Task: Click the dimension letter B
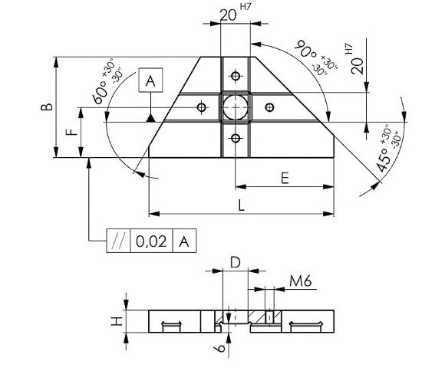pyautogui.click(x=47, y=107)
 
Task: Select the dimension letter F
pyautogui.click(x=72, y=132)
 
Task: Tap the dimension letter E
pyautogui.click(x=285, y=179)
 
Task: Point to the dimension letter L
pyautogui.click(x=241, y=205)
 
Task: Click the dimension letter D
pyautogui.click(x=236, y=263)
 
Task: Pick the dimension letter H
pyautogui.click(x=117, y=321)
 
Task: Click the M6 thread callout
pyautogui.click(x=301, y=281)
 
